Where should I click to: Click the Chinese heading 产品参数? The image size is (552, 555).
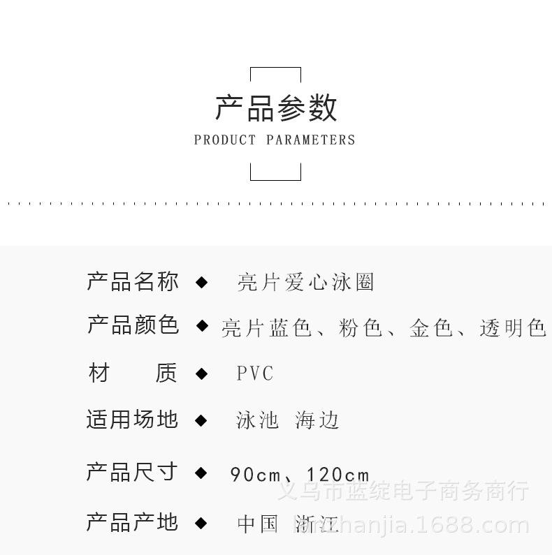pyautogui.click(x=276, y=108)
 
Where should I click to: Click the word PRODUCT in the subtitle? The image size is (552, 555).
pyautogui.click(x=225, y=140)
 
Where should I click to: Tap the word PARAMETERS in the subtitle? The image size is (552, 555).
pyautogui.click(x=311, y=140)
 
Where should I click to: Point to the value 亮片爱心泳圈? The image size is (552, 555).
pyautogui.click(x=306, y=282)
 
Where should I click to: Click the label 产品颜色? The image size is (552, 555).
pyautogui.click(x=133, y=325)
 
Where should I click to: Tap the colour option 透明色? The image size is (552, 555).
pyautogui.click(x=512, y=327)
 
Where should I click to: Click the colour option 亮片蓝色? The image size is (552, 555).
pyautogui.click(x=266, y=327)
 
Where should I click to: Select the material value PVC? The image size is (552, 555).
pyautogui.click(x=255, y=373)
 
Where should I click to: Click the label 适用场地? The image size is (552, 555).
pyautogui.click(x=133, y=420)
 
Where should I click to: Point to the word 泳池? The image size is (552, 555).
pyautogui.click(x=258, y=420)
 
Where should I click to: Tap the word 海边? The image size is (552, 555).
pyautogui.click(x=317, y=420)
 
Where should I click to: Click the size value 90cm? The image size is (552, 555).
pyautogui.click(x=255, y=475)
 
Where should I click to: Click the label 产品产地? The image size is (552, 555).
pyautogui.click(x=133, y=522)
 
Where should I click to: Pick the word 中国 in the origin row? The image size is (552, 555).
pyautogui.click(x=258, y=524)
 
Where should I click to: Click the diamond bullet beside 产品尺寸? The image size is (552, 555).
pyautogui.click(x=201, y=473)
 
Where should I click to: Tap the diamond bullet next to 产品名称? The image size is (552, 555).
pyautogui.click(x=201, y=282)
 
